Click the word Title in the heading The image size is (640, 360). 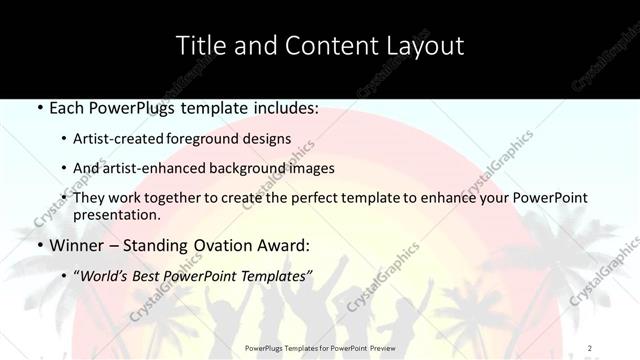click(200, 46)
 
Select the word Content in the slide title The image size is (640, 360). click(318, 46)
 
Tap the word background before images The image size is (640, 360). click(237, 168)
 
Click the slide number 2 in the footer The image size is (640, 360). click(590, 348)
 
